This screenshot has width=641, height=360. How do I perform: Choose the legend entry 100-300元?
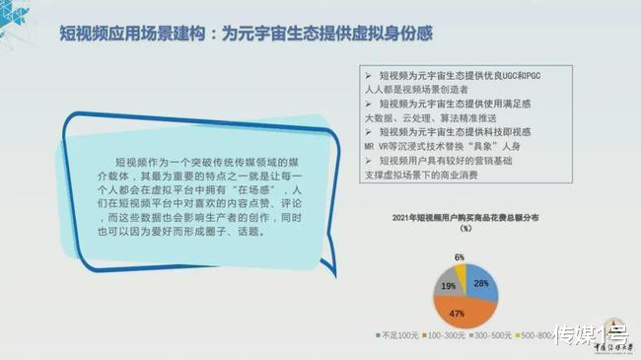click(x=447, y=335)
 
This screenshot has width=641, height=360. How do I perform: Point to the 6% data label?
click(x=459, y=256)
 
